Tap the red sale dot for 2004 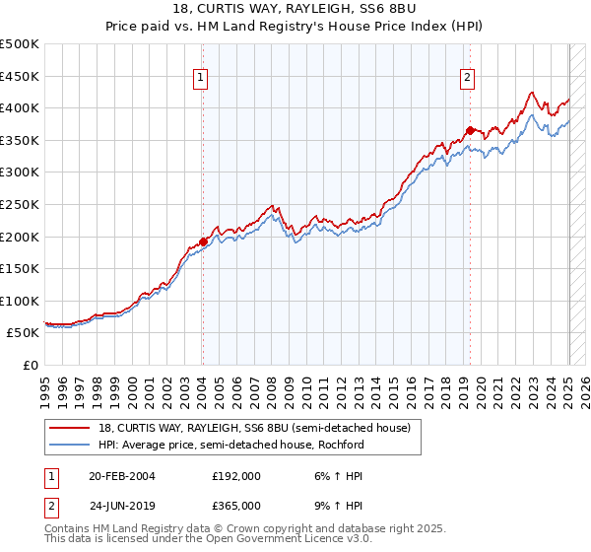pyautogui.click(x=203, y=241)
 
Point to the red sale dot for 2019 pyautogui.click(x=470, y=130)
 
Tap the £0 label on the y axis pyautogui.click(x=31, y=365)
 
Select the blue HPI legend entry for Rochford pyautogui.click(x=230, y=444)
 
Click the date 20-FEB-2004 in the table pyautogui.click(x=120, y=475)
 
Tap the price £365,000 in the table pyautogui.click(x=236, y=505)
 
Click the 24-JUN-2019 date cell pyautogui.click(x=120, y=505)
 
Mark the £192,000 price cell pyautogui.click(x=236, y=475)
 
